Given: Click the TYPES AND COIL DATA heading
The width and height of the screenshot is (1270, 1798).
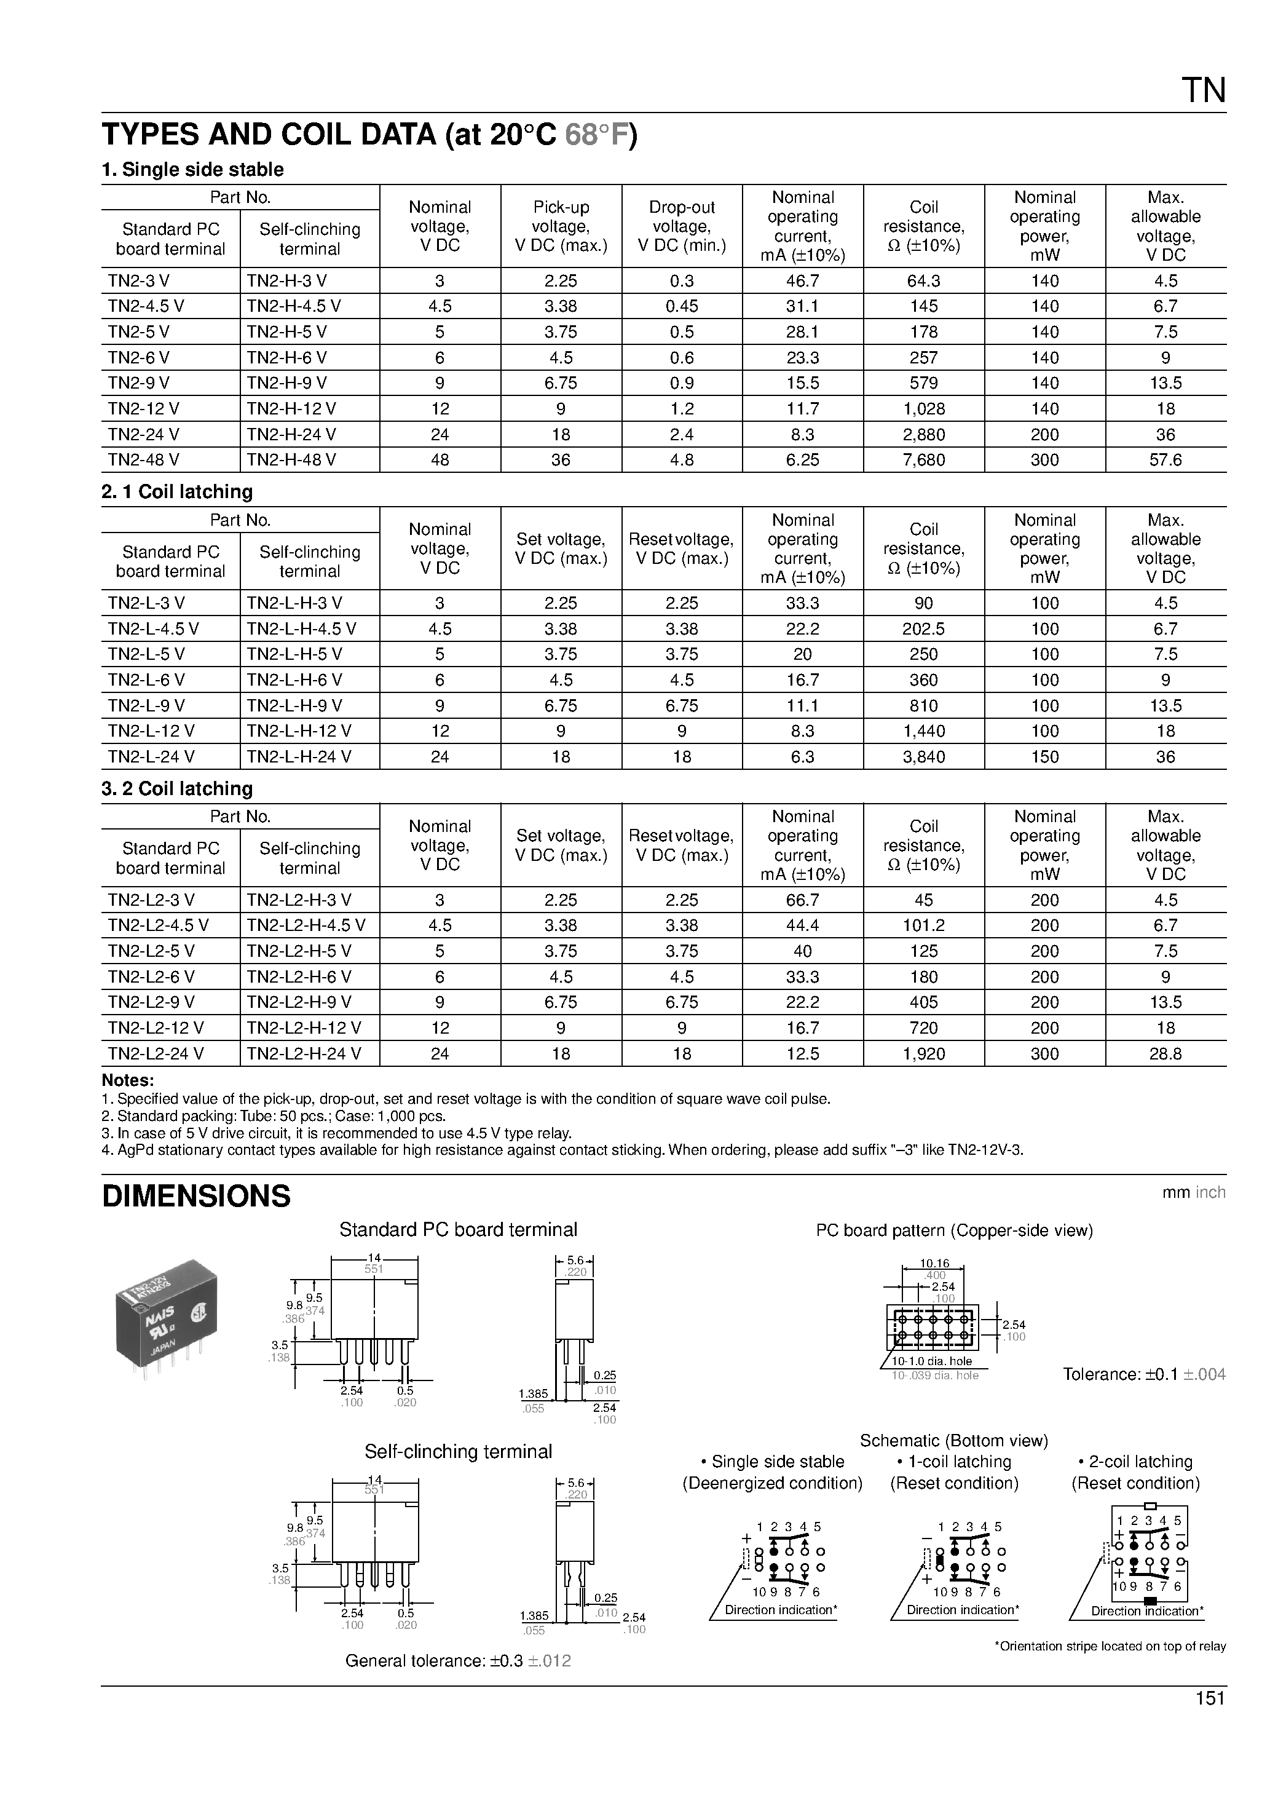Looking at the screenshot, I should click(369, 135).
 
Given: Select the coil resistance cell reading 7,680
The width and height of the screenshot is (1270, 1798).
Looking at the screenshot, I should click(923, 460).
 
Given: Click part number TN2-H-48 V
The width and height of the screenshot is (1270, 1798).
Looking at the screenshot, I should click(291, 460).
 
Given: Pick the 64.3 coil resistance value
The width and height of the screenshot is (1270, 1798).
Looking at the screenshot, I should click(923, 280).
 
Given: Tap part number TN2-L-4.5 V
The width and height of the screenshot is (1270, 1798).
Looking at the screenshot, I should click(154, 629).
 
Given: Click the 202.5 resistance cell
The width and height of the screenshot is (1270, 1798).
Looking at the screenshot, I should click(923, 629).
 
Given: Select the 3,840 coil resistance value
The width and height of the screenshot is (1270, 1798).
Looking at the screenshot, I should click(923, 756).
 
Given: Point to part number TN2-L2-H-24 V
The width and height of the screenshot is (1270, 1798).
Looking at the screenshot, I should click(304, 1053).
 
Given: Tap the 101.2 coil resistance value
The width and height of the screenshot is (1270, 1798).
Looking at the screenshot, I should click(923, 925).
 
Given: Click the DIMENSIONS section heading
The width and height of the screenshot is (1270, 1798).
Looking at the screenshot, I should click(197, 1196).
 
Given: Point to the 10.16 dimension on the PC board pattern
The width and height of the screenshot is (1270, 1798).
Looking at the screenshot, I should click(934, 1263).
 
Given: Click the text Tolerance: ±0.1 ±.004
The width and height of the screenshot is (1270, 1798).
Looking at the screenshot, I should click(1144, 1374).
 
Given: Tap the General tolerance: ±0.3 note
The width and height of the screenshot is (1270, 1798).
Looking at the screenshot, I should click(458, 1661).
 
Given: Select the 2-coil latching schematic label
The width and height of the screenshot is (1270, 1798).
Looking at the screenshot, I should click(1135, 1461).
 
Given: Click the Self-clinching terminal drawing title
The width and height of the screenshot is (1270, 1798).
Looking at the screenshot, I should click(458, 1451).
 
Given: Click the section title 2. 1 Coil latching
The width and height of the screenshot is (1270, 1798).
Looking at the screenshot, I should click(177, 492).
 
